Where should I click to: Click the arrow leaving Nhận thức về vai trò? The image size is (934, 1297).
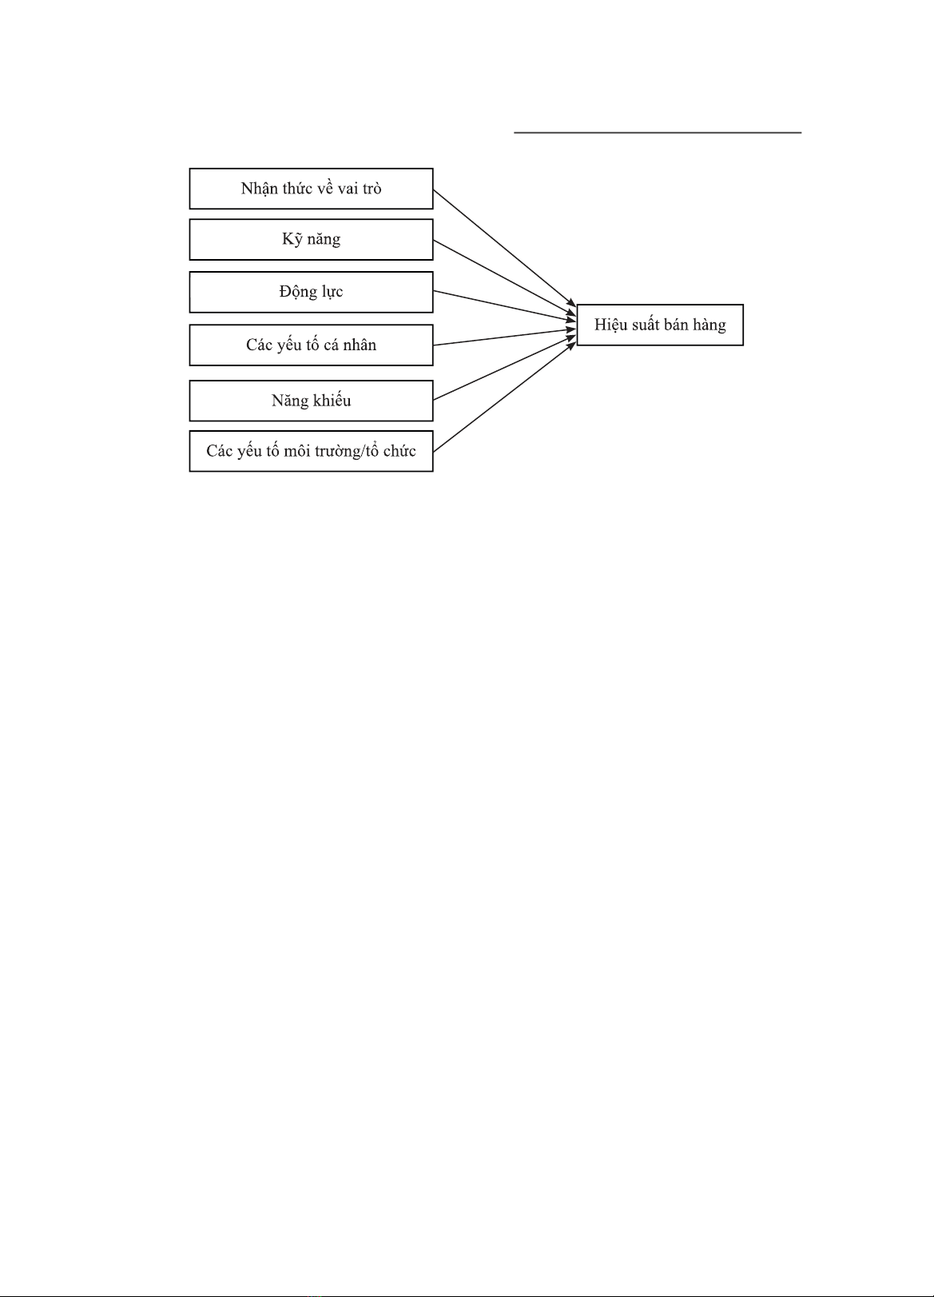click(505, 249)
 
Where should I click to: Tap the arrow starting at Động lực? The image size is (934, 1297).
click(505, 305)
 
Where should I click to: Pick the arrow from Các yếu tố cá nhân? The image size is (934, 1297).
click(505, 337)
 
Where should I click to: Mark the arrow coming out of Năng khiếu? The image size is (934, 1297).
click(505, 368)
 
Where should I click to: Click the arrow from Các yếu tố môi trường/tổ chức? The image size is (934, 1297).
click(505, 397)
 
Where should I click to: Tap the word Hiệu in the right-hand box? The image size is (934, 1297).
click(610, 325)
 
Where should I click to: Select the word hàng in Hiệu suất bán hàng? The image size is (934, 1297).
click(709, 325)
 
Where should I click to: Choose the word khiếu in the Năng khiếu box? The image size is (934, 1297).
click(332, 400)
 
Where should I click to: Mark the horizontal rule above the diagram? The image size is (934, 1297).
click(658, 133)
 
